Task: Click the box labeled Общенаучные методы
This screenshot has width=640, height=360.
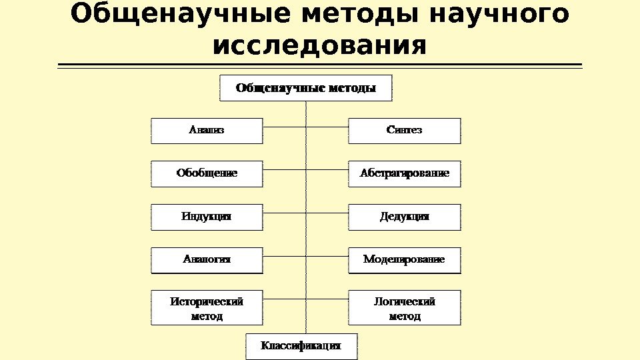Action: click(x=306, y=88)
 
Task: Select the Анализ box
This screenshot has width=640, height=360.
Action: click(x=207, y=131)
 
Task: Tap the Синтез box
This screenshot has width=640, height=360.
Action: click(x=405, y=131)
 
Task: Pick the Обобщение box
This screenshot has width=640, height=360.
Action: click(x=207, y=174)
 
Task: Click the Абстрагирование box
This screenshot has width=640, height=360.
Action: click(x=405, y=174)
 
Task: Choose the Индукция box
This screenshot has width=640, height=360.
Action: click(x=207, y=217)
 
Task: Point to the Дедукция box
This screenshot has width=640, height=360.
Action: click(x=405, y=217)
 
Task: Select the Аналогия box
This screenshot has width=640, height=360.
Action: click(x=207, y=260)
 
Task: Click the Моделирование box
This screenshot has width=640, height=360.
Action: click(x=405, y=260)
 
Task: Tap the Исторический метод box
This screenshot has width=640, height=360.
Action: click(x=207, y=308)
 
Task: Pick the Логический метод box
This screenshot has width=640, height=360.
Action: click(x=405, y=308)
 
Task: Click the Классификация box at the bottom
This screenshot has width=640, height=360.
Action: click(x=301, y=346)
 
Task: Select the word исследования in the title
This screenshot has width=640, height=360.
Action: click(x=319, y=46)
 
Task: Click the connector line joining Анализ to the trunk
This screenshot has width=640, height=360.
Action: click(x=284, y=127)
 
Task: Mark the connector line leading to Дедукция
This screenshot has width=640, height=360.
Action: click(x=327, y=213)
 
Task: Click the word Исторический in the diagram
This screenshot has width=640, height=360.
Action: click(x=207, y=301)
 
